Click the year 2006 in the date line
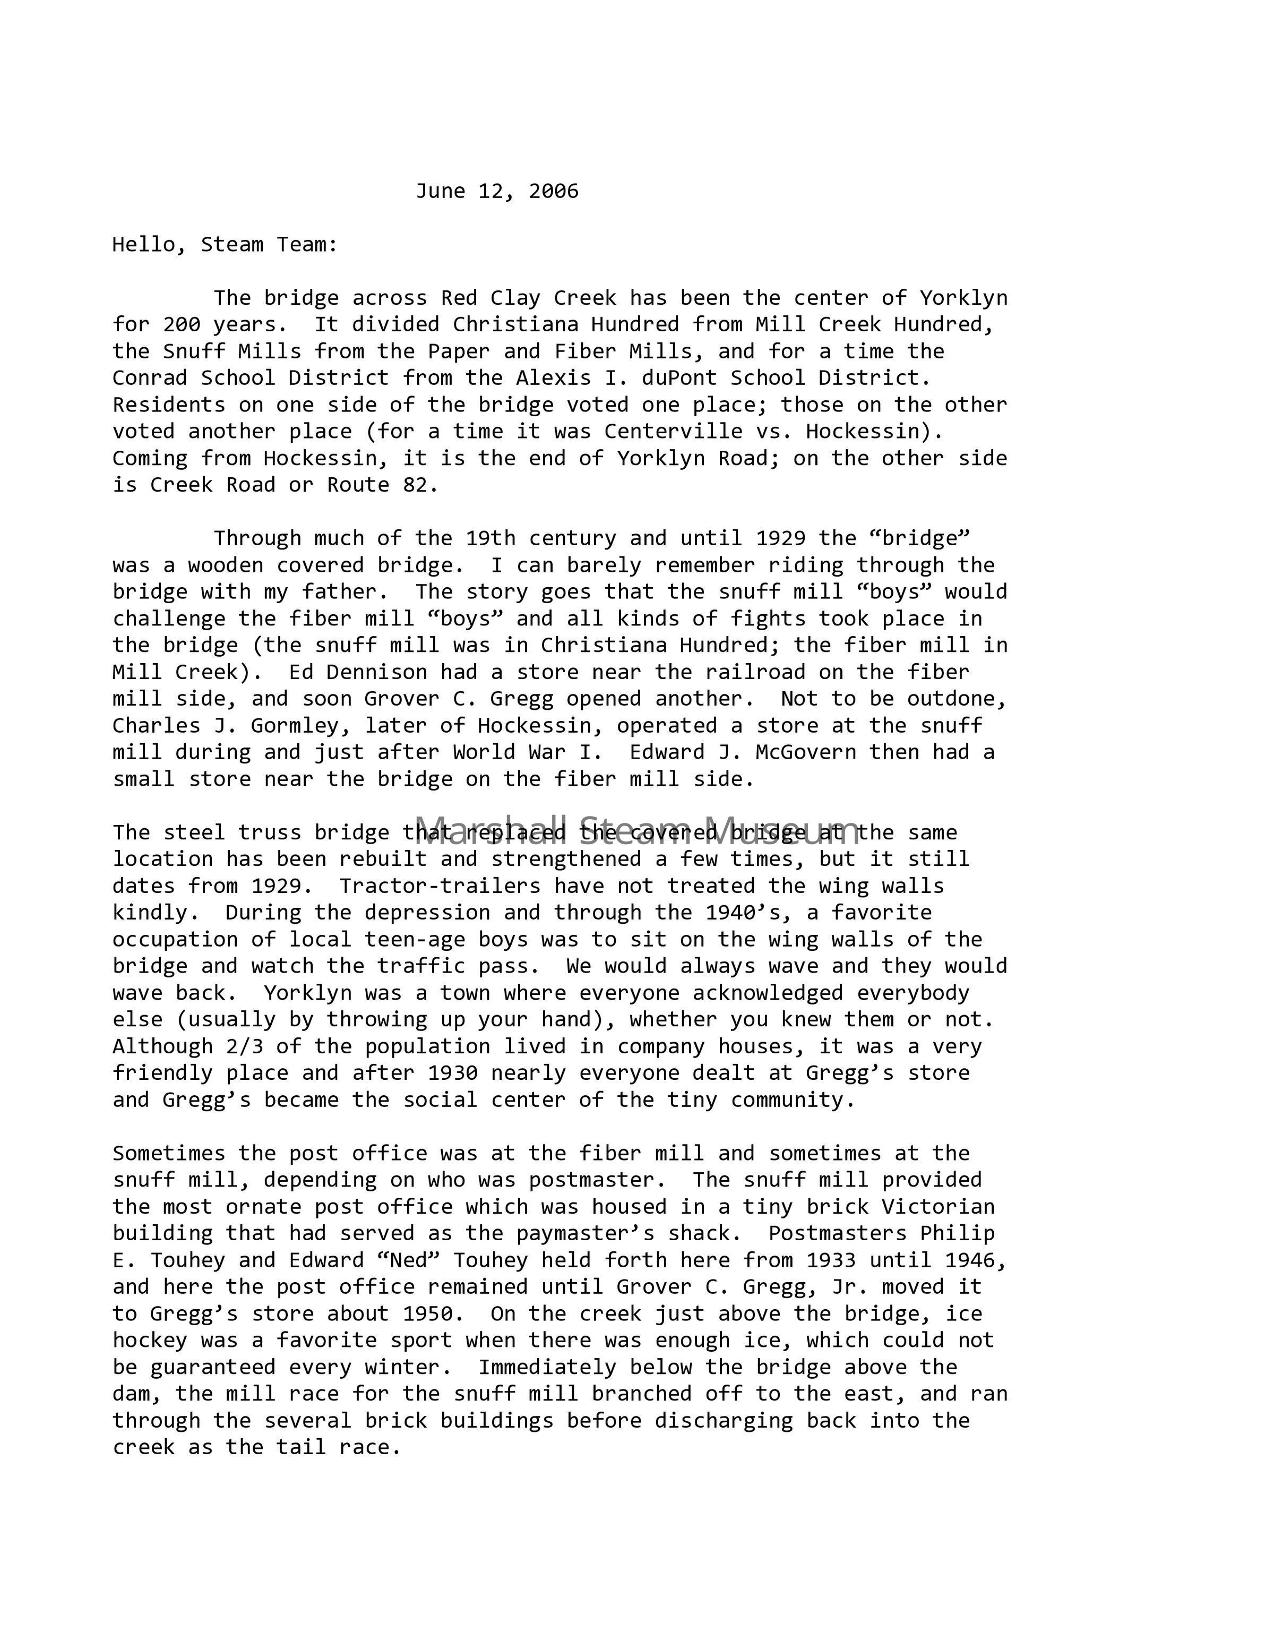tap(553, 191)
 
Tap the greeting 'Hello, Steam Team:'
tap(225, 245)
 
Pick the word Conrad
tap(150, 377)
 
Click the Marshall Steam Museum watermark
tap(636, 830)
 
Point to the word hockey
tap(150, 1340)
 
